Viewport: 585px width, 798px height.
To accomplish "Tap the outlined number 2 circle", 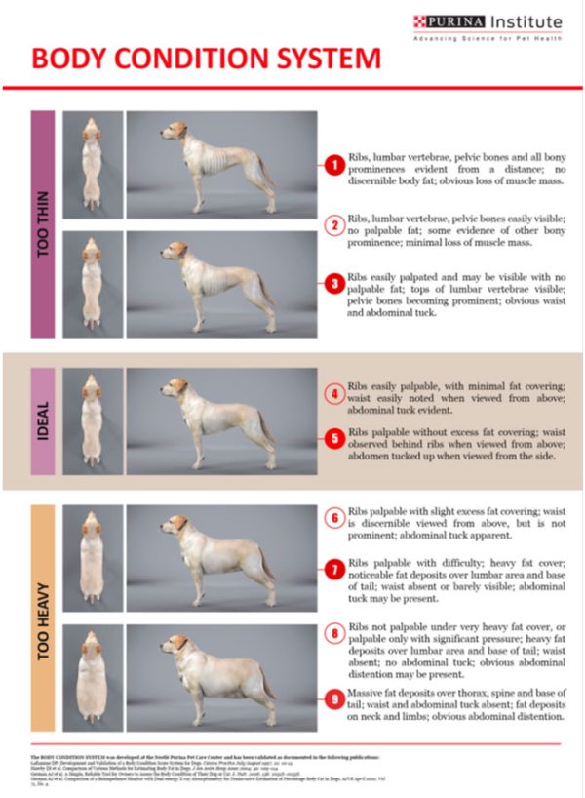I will (x=331, y=225).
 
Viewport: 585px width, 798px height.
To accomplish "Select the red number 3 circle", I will (x=331, y=283).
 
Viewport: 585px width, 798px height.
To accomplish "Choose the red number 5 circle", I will (x=331, y=440).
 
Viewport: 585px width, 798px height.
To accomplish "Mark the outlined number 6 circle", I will (x=331, y=518).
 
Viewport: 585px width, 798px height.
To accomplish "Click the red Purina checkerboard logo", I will (x=420, y=21).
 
